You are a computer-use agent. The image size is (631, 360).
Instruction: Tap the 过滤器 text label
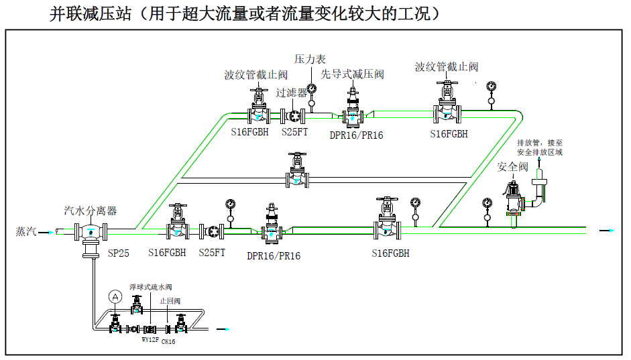coord(291,93)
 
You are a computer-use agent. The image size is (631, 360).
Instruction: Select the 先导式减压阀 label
coord(352,74)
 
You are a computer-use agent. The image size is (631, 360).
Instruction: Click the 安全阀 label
coord(512,166)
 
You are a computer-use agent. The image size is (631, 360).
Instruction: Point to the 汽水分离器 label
coord(90,211)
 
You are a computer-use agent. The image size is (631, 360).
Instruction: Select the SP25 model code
coord(118,253)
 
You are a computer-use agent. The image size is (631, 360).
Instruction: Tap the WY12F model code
coord(149,340)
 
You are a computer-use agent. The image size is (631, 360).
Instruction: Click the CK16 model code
coord(168,341)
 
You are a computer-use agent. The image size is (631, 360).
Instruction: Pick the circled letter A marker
coord(115,296)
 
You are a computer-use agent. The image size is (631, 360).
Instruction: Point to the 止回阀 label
coord(170,301)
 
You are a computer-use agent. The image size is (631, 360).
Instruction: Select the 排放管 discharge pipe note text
coord(540,147)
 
